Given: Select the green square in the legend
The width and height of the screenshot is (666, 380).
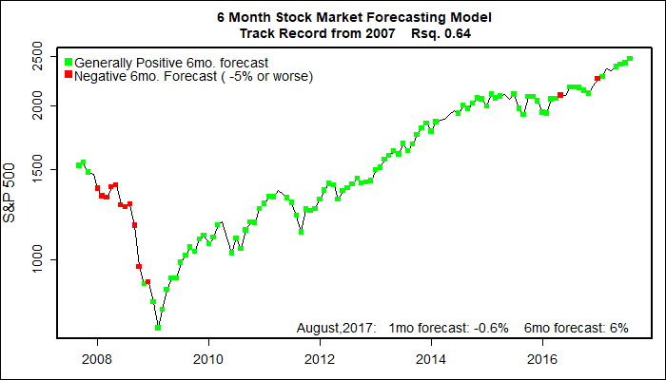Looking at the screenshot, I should click(x=68, y=63).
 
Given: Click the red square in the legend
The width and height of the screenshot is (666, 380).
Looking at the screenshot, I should click(x=68, y=75).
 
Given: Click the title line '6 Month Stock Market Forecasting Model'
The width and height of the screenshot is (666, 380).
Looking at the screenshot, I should click(x=332, y=18).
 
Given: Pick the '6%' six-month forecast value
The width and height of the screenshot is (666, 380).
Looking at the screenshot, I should click(x=618, y=328).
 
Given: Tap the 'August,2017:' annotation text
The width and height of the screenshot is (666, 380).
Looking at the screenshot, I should click(x=337, y=328).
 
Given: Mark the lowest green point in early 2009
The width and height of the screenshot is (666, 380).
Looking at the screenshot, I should click(x=158, y=327).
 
